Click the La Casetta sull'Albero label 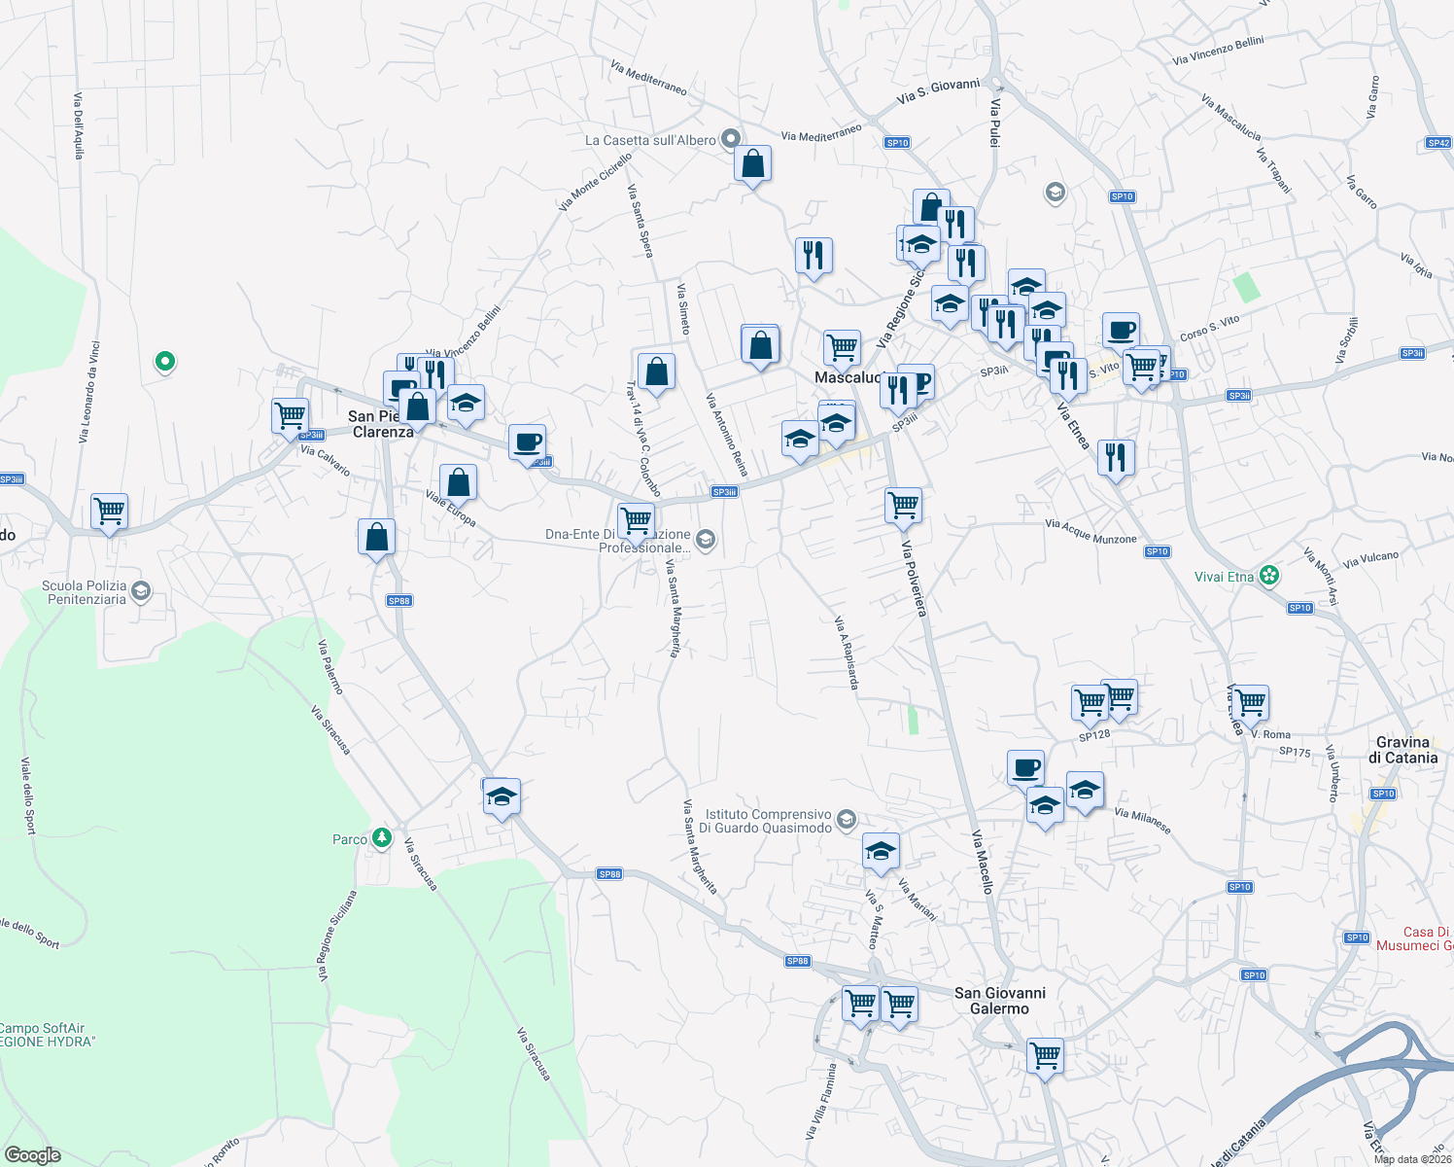(650, 140)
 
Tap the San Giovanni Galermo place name (999, 1001)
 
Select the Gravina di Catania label (1402, 750)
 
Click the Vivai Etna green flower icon (1268, 576)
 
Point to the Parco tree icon (382, 837)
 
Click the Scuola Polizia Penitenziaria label (85, 592)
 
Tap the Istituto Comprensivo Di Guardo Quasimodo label (766, 821)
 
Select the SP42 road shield (1438, 143)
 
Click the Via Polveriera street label (914, 579)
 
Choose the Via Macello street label (983, 862)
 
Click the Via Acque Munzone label (1090, 531)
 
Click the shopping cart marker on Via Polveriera (903, 506)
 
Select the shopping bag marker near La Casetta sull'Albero (753, 165)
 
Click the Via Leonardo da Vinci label (88, 392)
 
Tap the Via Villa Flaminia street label (821, 1101)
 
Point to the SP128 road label (1094, 736)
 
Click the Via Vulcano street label (1370, 560)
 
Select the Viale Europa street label (450, 508)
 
